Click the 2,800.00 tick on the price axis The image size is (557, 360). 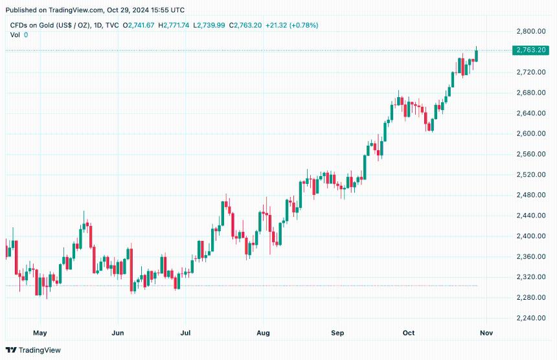click(529, 31)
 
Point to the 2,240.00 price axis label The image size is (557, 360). click(529, 318)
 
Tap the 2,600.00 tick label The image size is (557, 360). click(529, 133)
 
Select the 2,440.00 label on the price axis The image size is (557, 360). click(529, 216)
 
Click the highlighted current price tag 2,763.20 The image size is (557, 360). click(530, 50)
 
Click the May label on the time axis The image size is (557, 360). click(40, 333)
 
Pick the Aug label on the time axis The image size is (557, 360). click(263, 333)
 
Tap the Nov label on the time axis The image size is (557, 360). click(486, 333)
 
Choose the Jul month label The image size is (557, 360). click(186, 333)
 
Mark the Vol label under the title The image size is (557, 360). click(15, 34)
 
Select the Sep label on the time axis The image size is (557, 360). click(337, 333)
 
